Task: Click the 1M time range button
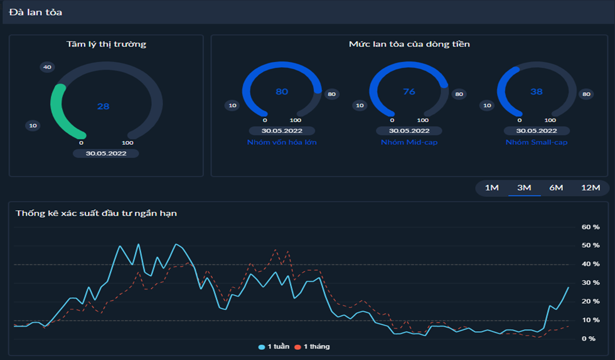[x=492, y=188]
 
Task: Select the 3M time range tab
[x=524, y=188]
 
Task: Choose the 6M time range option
[x=556, y=188]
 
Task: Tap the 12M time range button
[x=591, y=188]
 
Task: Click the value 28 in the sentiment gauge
[x=103, y=107]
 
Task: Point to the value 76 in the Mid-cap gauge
[x=409, y=92]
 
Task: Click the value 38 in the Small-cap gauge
[x=536, y=92]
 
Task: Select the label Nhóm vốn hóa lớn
[x=282, y=142]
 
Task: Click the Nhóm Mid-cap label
[x=409, y=142]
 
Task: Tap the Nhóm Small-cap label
[x=536, y=142]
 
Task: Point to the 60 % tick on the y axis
[x=590, y=226]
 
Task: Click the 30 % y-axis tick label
[x=590, y=283]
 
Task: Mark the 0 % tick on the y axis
[x=588, y=339]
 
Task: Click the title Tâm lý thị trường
[x=106, y=44]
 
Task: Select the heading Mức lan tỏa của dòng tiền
[x=409, y=44]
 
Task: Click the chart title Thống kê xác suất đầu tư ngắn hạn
[x=96, y=213]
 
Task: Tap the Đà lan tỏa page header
[x=35, y=12]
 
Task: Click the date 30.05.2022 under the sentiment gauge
[x=105, y=153]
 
